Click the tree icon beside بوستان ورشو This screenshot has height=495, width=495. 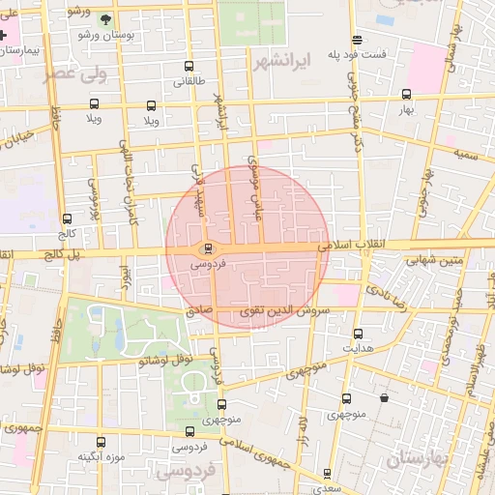pos(104,18)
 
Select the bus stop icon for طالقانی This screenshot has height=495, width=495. pos(189,68)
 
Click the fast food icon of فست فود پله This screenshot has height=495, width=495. pos(359,41)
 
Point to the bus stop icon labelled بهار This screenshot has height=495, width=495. pos(406,95)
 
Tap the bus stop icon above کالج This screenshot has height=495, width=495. pos(67,218)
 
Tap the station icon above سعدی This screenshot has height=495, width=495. pos(326,474)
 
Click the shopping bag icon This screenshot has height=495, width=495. pos(385,397)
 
